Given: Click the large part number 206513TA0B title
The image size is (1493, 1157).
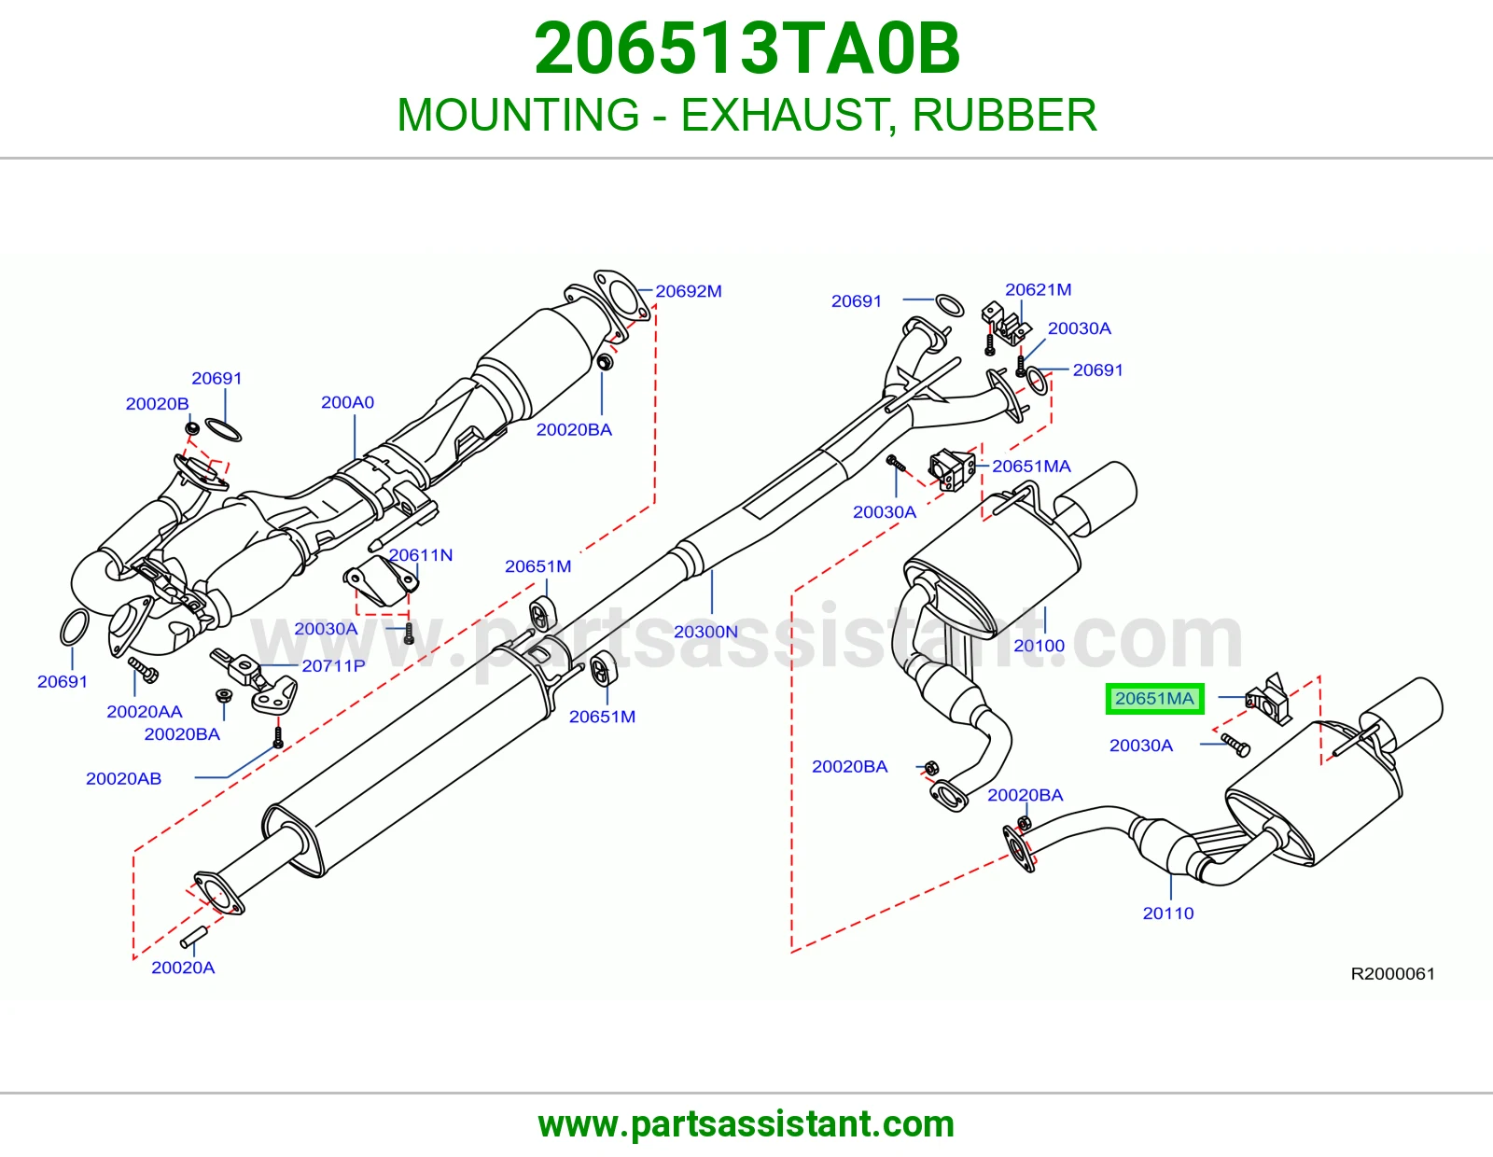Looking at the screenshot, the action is [x=746, y=49].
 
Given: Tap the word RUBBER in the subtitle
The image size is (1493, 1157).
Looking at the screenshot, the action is [x=1004, y=115].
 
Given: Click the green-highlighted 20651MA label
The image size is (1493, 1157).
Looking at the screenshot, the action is [x=1154, y=699].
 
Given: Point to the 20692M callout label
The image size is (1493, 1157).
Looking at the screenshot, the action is [x=689, y=291].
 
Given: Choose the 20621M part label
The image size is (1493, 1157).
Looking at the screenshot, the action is [x=1039, y=290].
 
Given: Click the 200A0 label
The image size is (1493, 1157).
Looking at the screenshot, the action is [x=348, y=402].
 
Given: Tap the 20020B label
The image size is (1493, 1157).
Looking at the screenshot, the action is [x=158, y=404].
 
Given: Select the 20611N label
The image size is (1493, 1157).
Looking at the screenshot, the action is [x=421, y=555].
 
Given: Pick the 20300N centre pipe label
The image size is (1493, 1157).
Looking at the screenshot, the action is [x=705, y=632].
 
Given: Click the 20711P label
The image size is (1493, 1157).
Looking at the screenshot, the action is [x=333, y=666].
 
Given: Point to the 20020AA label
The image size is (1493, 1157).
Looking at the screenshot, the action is [x=145, y=712].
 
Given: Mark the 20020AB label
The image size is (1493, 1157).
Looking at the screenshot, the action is [x=124, y=779].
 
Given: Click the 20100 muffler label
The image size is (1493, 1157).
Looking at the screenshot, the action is [x=1039, y=647].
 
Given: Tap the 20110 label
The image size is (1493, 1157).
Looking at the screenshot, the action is [x=1168, y=913].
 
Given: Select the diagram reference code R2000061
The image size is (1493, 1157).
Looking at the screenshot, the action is [x=1392, y=974].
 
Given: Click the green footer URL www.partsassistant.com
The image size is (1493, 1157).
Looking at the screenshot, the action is [x=746, y=1124].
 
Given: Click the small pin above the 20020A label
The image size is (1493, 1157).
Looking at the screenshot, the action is [x=194, y=935].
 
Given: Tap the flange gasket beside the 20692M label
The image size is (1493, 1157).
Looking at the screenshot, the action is [x=621, y=297].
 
